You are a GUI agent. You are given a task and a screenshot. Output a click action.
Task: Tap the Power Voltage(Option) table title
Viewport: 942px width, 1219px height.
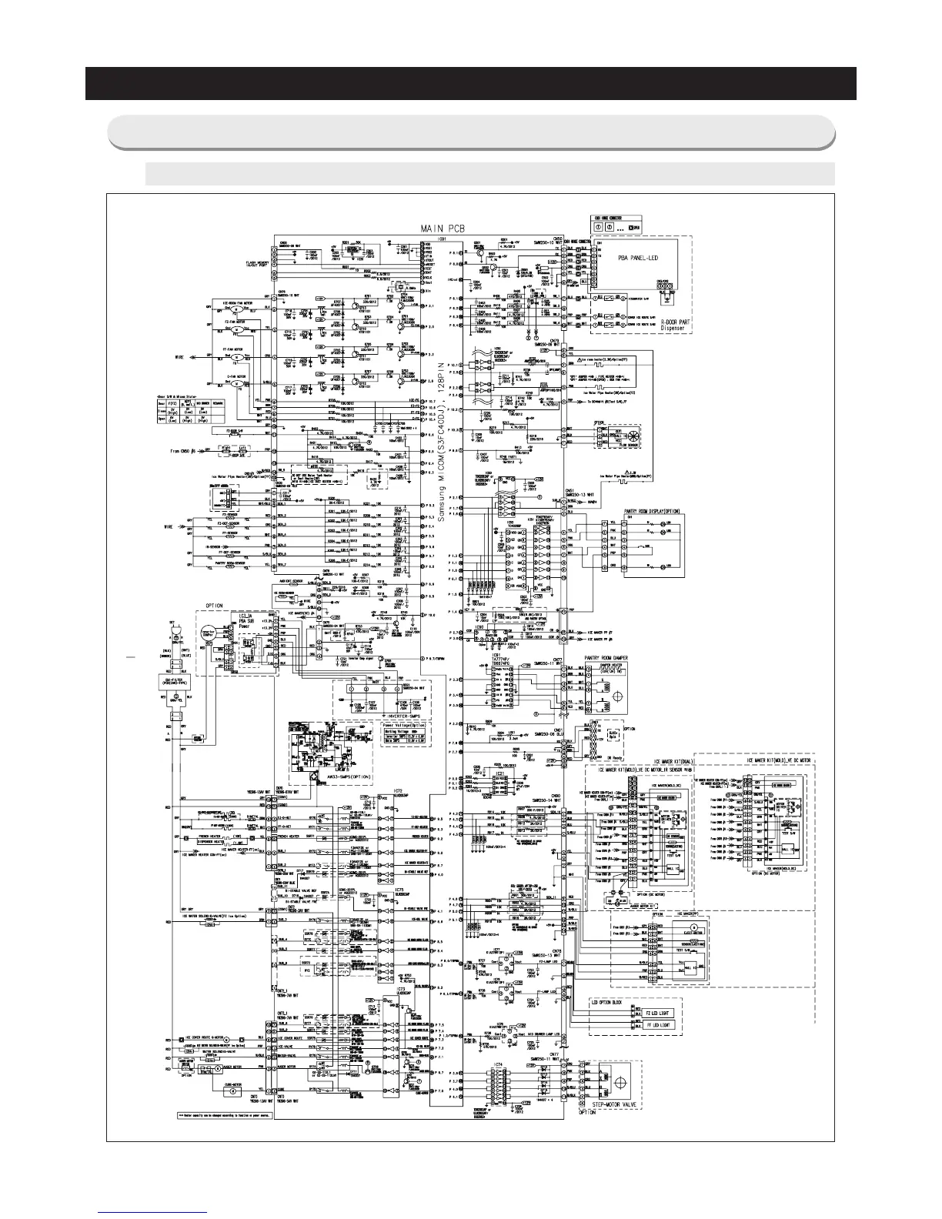coord(403,724)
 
